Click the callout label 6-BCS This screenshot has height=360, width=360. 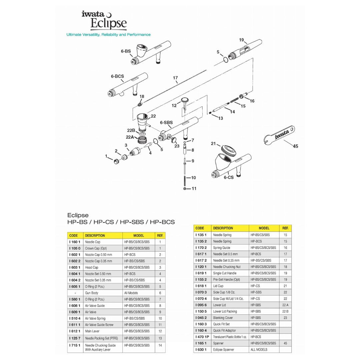117,76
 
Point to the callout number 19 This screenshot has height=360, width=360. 241,40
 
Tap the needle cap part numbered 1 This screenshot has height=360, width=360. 116,162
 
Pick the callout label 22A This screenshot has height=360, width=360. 130,137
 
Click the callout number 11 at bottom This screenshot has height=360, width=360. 194,189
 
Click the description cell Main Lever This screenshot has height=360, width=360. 92,331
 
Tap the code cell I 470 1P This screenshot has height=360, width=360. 202,337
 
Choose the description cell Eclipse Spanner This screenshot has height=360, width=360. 224,350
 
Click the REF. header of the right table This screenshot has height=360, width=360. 285,228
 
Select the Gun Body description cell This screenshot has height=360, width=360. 92,293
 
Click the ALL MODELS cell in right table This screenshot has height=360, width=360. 259,350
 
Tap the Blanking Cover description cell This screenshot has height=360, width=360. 223,318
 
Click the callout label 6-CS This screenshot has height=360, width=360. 228,177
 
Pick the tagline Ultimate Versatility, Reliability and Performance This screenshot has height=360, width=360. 108,35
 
